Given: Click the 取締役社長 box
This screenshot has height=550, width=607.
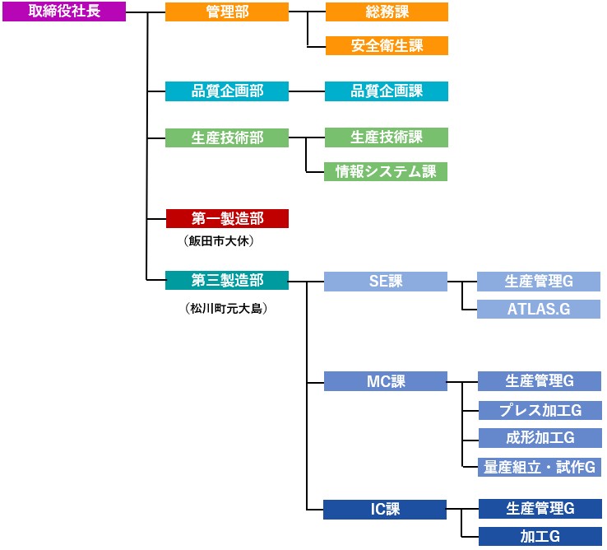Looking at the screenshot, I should [x=64, y=12].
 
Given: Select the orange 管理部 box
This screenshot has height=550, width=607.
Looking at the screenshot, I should [x=227, y=12].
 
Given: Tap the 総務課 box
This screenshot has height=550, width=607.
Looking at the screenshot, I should [x=387, y=12].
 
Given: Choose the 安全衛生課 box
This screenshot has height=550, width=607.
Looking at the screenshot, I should [x=387, y=46].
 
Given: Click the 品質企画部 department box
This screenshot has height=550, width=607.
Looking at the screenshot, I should [x=227, y=91].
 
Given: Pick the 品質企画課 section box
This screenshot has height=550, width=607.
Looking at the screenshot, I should [x=387, y=91].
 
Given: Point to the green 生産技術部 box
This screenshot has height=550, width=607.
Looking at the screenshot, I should [x=227, y=137].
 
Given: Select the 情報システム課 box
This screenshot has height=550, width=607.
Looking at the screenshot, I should [x=387, y=171].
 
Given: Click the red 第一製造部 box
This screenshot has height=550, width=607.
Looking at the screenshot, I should [x=227, y=218].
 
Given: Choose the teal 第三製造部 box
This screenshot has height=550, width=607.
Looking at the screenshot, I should [x=227, y=280].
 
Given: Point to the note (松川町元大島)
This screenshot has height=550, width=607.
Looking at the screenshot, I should [x=227, y=310].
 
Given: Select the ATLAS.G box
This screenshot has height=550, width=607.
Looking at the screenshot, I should [x=539, y=310].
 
